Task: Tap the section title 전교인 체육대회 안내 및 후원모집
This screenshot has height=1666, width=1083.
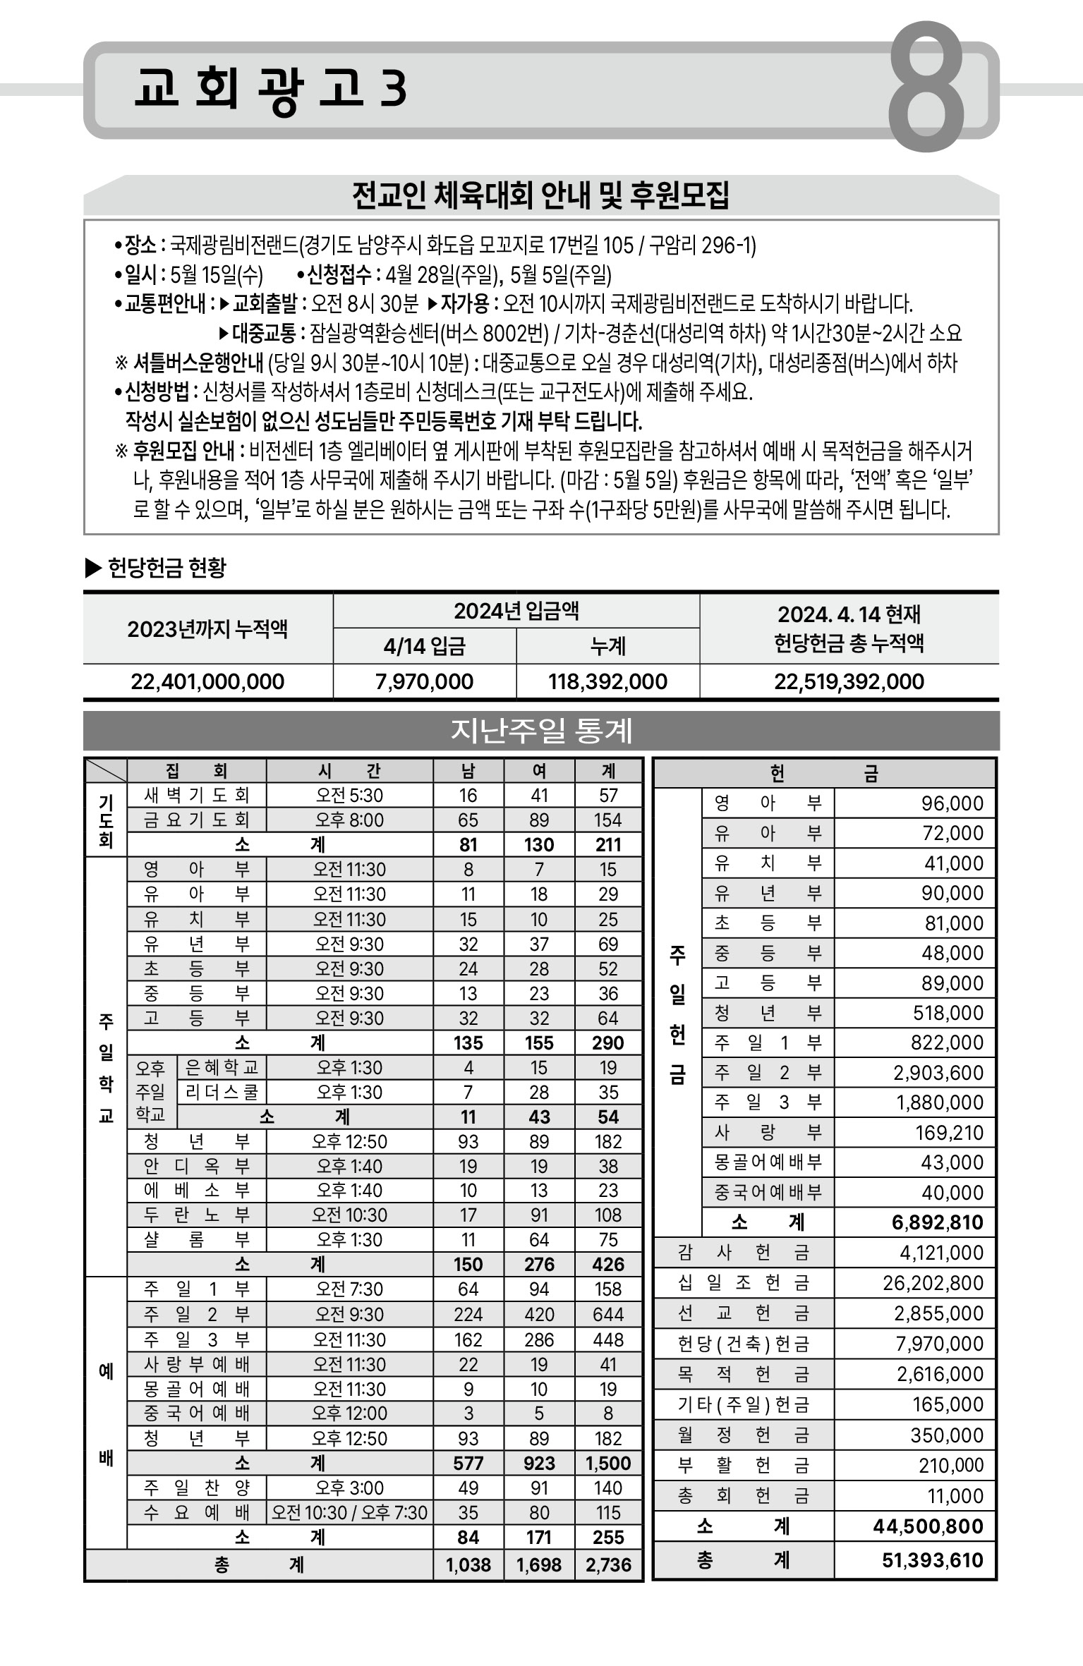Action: coord(540,196)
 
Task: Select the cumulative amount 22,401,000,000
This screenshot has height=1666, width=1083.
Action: coord(207,681)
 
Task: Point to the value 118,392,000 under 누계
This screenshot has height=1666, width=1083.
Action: coord(607,681)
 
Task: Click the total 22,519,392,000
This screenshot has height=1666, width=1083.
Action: coord(849,681)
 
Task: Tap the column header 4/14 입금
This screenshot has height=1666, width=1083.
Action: coord(424,646)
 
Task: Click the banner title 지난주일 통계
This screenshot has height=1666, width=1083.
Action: coord(541,731)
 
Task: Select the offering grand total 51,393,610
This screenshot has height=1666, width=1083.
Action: coord(932,1559)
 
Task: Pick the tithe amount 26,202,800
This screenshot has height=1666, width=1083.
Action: coord(933,1283)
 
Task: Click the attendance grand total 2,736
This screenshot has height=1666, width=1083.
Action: coord(608,1564)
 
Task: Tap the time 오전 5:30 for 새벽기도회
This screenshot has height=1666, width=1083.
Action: coord(349,796)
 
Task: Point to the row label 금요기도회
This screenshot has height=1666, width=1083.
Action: coord(196,820)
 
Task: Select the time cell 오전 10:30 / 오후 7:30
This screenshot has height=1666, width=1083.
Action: coord(349,1512)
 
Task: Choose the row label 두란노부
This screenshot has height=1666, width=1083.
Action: coord(196,1215)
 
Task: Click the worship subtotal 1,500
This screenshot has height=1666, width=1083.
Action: coord(608,1463)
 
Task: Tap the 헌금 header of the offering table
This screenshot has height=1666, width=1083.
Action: coord(823,774)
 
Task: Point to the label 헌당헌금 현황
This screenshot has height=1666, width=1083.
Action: coord(167,568)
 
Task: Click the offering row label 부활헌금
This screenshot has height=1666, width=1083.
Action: coord(743,1465)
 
